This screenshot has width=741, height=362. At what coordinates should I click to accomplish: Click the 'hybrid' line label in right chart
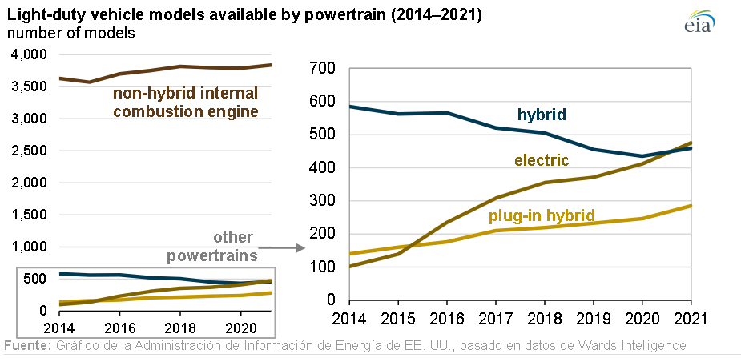pos(542,115)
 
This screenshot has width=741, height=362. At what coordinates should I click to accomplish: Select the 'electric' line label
pos(542,160)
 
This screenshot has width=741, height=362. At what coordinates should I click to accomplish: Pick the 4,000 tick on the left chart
pos(30,54)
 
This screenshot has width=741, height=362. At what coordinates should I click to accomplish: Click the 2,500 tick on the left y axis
pos(30,151)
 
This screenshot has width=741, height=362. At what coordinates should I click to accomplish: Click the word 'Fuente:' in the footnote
pos(27,346)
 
